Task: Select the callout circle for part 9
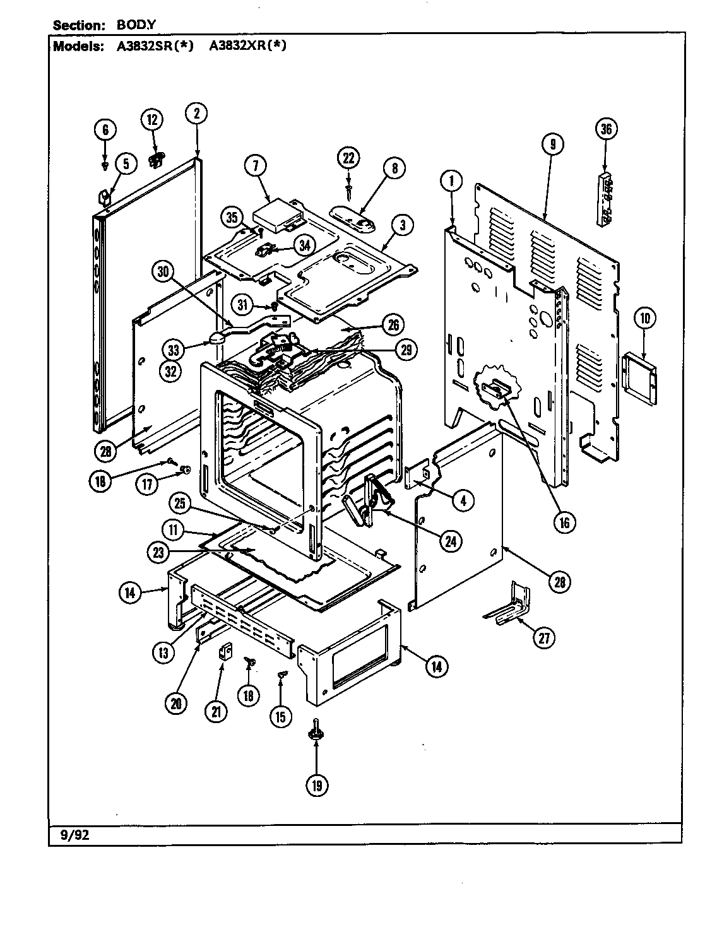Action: point(552,144)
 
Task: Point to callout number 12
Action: point(151,120)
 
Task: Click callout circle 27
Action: point(542,638)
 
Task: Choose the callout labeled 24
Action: point(451,541)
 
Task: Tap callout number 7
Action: point(256,167)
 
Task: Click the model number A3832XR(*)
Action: point(247,46)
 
